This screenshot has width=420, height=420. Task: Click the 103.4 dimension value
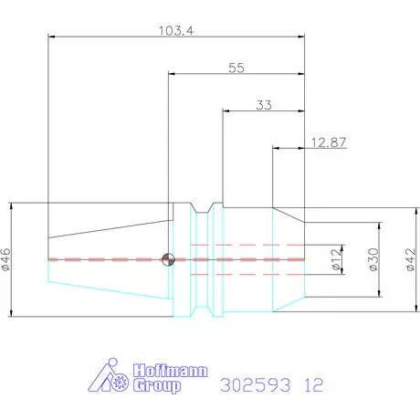pos(176,31)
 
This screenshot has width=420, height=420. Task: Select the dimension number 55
pos(236,68)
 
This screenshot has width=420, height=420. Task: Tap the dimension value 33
pos(264,105)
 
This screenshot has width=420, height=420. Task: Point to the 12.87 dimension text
pos(329,142)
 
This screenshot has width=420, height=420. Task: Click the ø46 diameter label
pos(5,259)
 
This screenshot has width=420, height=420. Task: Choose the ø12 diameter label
pos(336,259)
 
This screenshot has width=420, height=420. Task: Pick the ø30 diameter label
pos(373,259)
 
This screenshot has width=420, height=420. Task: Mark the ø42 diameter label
pos(411,259)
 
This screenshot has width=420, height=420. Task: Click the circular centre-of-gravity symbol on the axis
pos(168,259)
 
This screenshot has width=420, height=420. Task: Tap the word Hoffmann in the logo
pos(171,371)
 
